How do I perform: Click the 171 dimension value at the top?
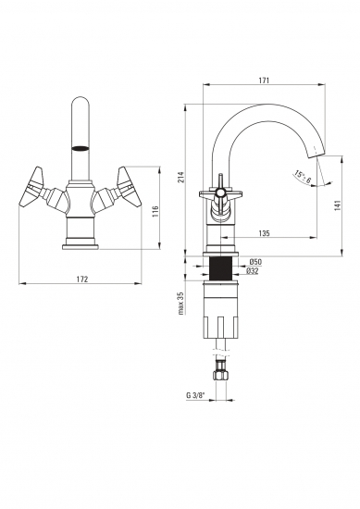264,81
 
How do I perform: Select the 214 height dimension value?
181,177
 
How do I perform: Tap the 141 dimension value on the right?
337,205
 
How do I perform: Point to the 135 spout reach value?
265,233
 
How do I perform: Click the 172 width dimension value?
82,279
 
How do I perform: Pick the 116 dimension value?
155,212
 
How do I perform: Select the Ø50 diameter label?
255,262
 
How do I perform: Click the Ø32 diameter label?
253,271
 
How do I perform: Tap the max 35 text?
181,304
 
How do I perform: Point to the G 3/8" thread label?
195,395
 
